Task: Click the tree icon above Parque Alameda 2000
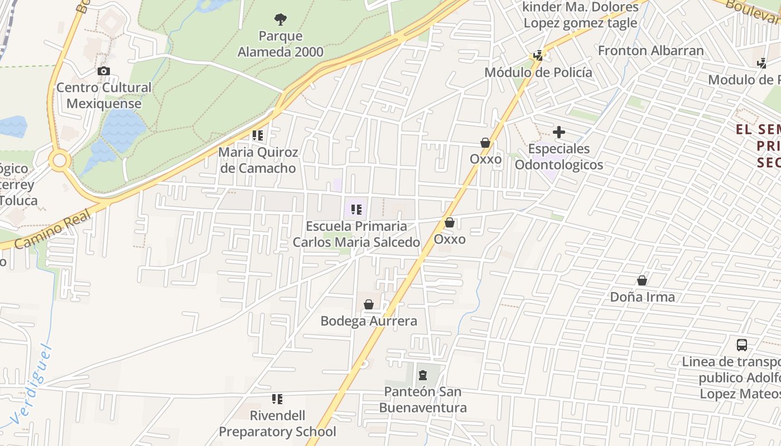click(x=281, y=20)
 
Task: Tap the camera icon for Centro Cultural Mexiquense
click(x=103, y=71)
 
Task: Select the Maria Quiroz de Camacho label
click(x=258, y=160)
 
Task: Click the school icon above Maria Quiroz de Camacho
click(x=257, y=135)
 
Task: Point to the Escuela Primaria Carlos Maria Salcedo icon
click(x=356, y=210)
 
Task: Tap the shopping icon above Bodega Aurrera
click(x=368, y=304)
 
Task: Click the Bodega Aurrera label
click(x=368, y=321)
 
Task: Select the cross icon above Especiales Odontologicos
click(x=558, y=132)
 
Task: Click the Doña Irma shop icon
click(x=642, y=280)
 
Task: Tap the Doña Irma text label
click(x=642, y=297)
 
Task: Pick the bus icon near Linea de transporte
click(x=741, y=345)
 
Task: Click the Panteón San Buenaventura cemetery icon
click(x=422, y=375)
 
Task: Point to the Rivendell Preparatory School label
click(x=277, y=424)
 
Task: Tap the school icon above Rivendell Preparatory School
click(x=277, y=399)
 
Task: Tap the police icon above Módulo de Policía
click(x=538, y=55)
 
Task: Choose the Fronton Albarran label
click(x=650, y=51)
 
